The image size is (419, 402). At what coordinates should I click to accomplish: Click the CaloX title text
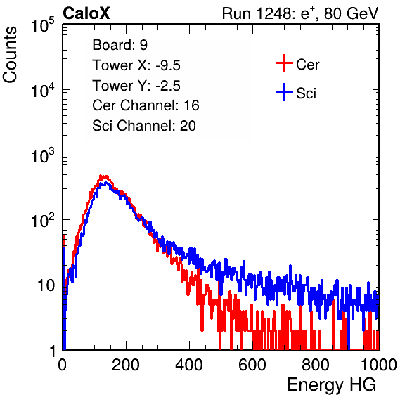(x=86, y=13)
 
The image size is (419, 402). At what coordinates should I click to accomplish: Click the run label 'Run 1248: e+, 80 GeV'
(x=300, y=13)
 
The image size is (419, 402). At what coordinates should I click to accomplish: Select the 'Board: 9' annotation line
(x=120, y=45)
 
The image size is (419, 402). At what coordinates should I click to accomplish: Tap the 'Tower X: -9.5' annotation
(x=136, y=65)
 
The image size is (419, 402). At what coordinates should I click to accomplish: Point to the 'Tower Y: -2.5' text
(x=136, y=86)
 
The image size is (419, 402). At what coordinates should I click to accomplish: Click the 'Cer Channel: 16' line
(x=146, y=105)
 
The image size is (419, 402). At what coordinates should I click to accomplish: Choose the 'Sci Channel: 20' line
(x=144, y=126)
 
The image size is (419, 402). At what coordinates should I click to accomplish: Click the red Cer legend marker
(x=284, y=63)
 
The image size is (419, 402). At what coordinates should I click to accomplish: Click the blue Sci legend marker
(x=284, y=93)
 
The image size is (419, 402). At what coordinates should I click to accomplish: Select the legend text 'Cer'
(x=307, y=65)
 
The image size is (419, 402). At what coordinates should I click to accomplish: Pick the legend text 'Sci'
(x=307, y=93)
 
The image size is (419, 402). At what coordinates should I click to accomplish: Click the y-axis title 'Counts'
(x=10, y=55)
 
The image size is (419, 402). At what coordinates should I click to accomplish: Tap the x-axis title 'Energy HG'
(x=331, y=385)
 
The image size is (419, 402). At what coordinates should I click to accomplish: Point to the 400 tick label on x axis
(x=189, y=365)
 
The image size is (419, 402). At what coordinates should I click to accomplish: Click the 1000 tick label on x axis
(x=379, y=365)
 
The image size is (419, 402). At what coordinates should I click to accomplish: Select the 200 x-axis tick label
(x=126, y=365)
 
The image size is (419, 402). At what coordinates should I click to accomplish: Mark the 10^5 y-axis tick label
(x=43, y=25)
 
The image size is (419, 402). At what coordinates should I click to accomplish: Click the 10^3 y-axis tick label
(x=43, y=155)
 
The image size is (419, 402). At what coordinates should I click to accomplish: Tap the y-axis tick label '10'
(x=46, y=285)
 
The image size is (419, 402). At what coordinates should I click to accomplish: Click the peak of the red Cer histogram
(x=101, y=176)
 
